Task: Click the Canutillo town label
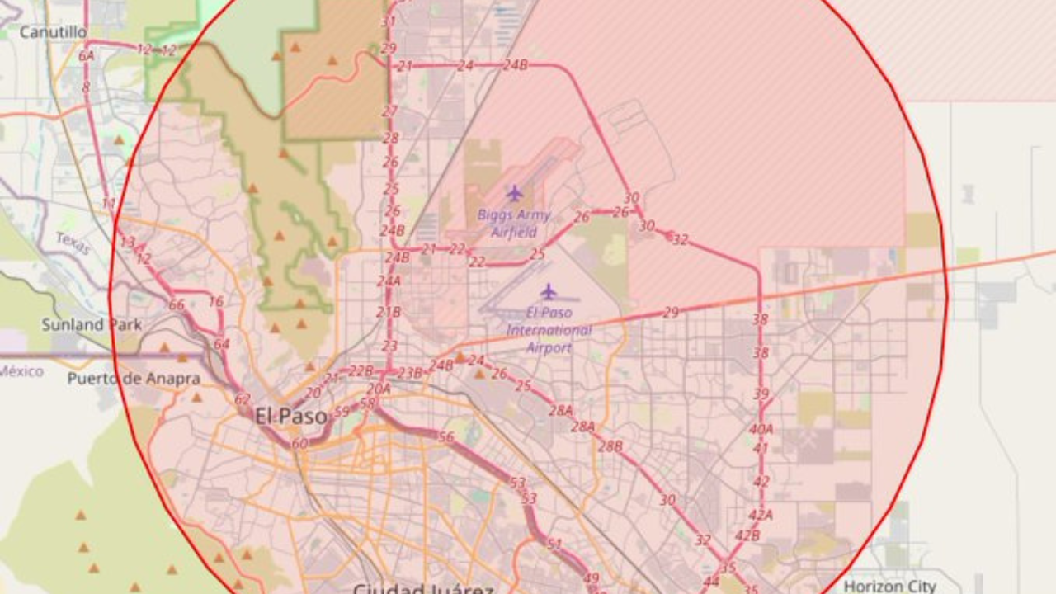(x=53, y=32)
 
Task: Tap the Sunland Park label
(x=92, y=324)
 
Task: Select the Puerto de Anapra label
(x=134, y=379)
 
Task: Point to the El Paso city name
(x=290, y=416)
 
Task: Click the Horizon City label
(x=889, y=586)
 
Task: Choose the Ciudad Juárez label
(x=423, y=589)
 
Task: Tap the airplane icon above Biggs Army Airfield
(x=515, y=193)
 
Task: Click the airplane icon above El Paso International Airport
(x=549, y=291)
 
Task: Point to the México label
(x=21, y=371)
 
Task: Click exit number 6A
(x=87, y=56)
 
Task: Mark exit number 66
(x=177, y=304)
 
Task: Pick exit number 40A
(x=761, y=429)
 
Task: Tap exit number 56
(x=446, y=437)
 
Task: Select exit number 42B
(x=747, y=535)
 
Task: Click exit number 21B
(x=389, y=312)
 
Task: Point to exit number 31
(x=389, y=21)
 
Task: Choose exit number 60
(x=299, y=443)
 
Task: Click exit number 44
(x=711, y=581)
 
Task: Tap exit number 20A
(x=379, y=389)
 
